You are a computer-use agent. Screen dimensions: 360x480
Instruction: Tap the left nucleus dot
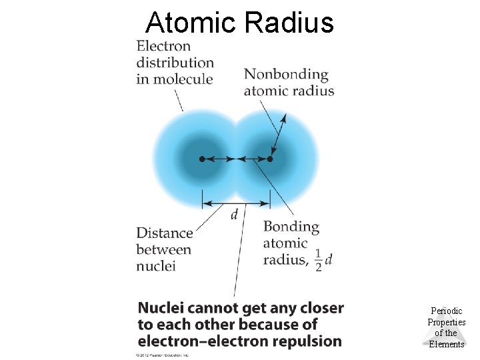202,159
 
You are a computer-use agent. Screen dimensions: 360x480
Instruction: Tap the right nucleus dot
270,159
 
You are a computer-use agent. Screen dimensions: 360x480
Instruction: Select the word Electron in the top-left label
163,46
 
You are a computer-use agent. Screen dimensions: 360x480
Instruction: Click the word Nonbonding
286,74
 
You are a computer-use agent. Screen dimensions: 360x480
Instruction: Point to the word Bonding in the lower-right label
291,227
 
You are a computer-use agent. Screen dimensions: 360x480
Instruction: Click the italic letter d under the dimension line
234,215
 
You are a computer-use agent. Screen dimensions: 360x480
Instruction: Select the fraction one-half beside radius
318,259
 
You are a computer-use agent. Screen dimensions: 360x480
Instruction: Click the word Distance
165,233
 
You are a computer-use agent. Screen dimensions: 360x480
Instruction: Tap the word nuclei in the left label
155,266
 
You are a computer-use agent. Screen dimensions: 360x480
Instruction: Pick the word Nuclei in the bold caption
161,308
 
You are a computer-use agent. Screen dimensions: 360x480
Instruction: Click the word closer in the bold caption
322,308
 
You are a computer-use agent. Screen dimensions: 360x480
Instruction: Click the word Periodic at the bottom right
446,311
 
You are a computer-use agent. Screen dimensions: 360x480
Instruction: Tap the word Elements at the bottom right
446,344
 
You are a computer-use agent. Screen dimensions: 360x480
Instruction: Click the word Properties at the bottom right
446,322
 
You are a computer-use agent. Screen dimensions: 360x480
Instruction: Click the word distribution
175,63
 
